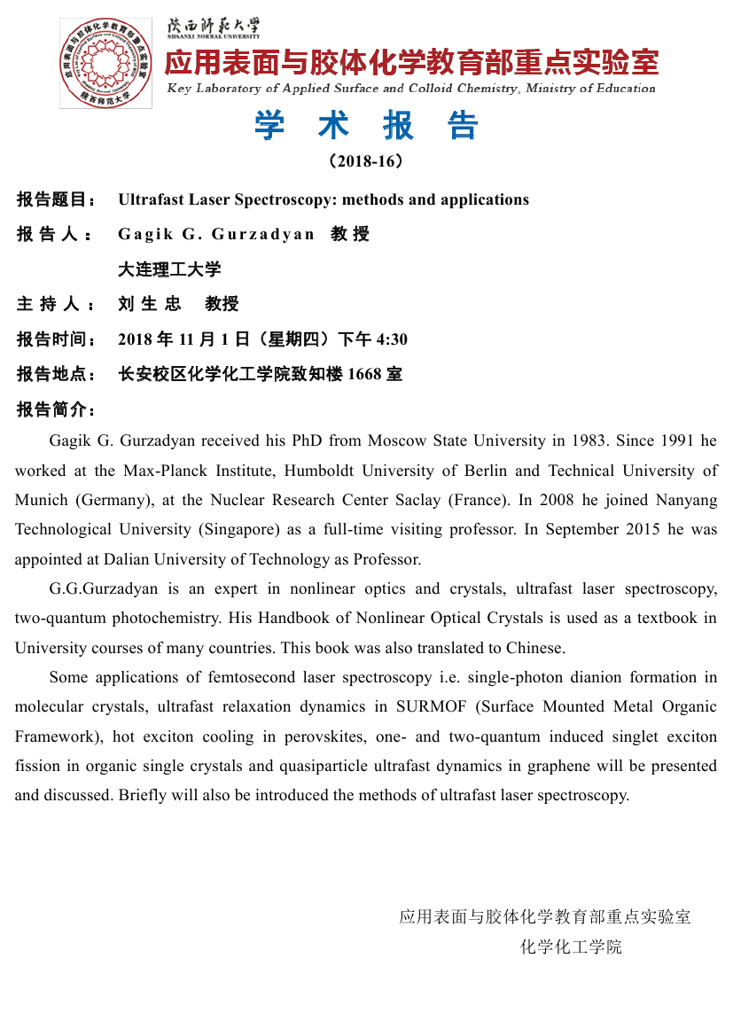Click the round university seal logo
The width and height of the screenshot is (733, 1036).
point(93,63)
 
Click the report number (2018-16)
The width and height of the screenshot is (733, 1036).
point(366,161)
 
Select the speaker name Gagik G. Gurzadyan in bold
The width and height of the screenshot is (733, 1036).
point(216,234)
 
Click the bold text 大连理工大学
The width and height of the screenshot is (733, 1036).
point(169,269)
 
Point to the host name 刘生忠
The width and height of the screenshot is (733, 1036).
point(149,304)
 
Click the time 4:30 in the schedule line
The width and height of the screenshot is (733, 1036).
point(392,339)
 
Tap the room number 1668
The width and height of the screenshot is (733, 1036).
point(364,374)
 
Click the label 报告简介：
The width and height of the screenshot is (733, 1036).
point(57,409)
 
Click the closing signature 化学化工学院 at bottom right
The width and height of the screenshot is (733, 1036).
point(571,946)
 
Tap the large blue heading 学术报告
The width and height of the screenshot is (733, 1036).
point(366,126)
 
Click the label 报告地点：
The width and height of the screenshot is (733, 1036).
point(57,374)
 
